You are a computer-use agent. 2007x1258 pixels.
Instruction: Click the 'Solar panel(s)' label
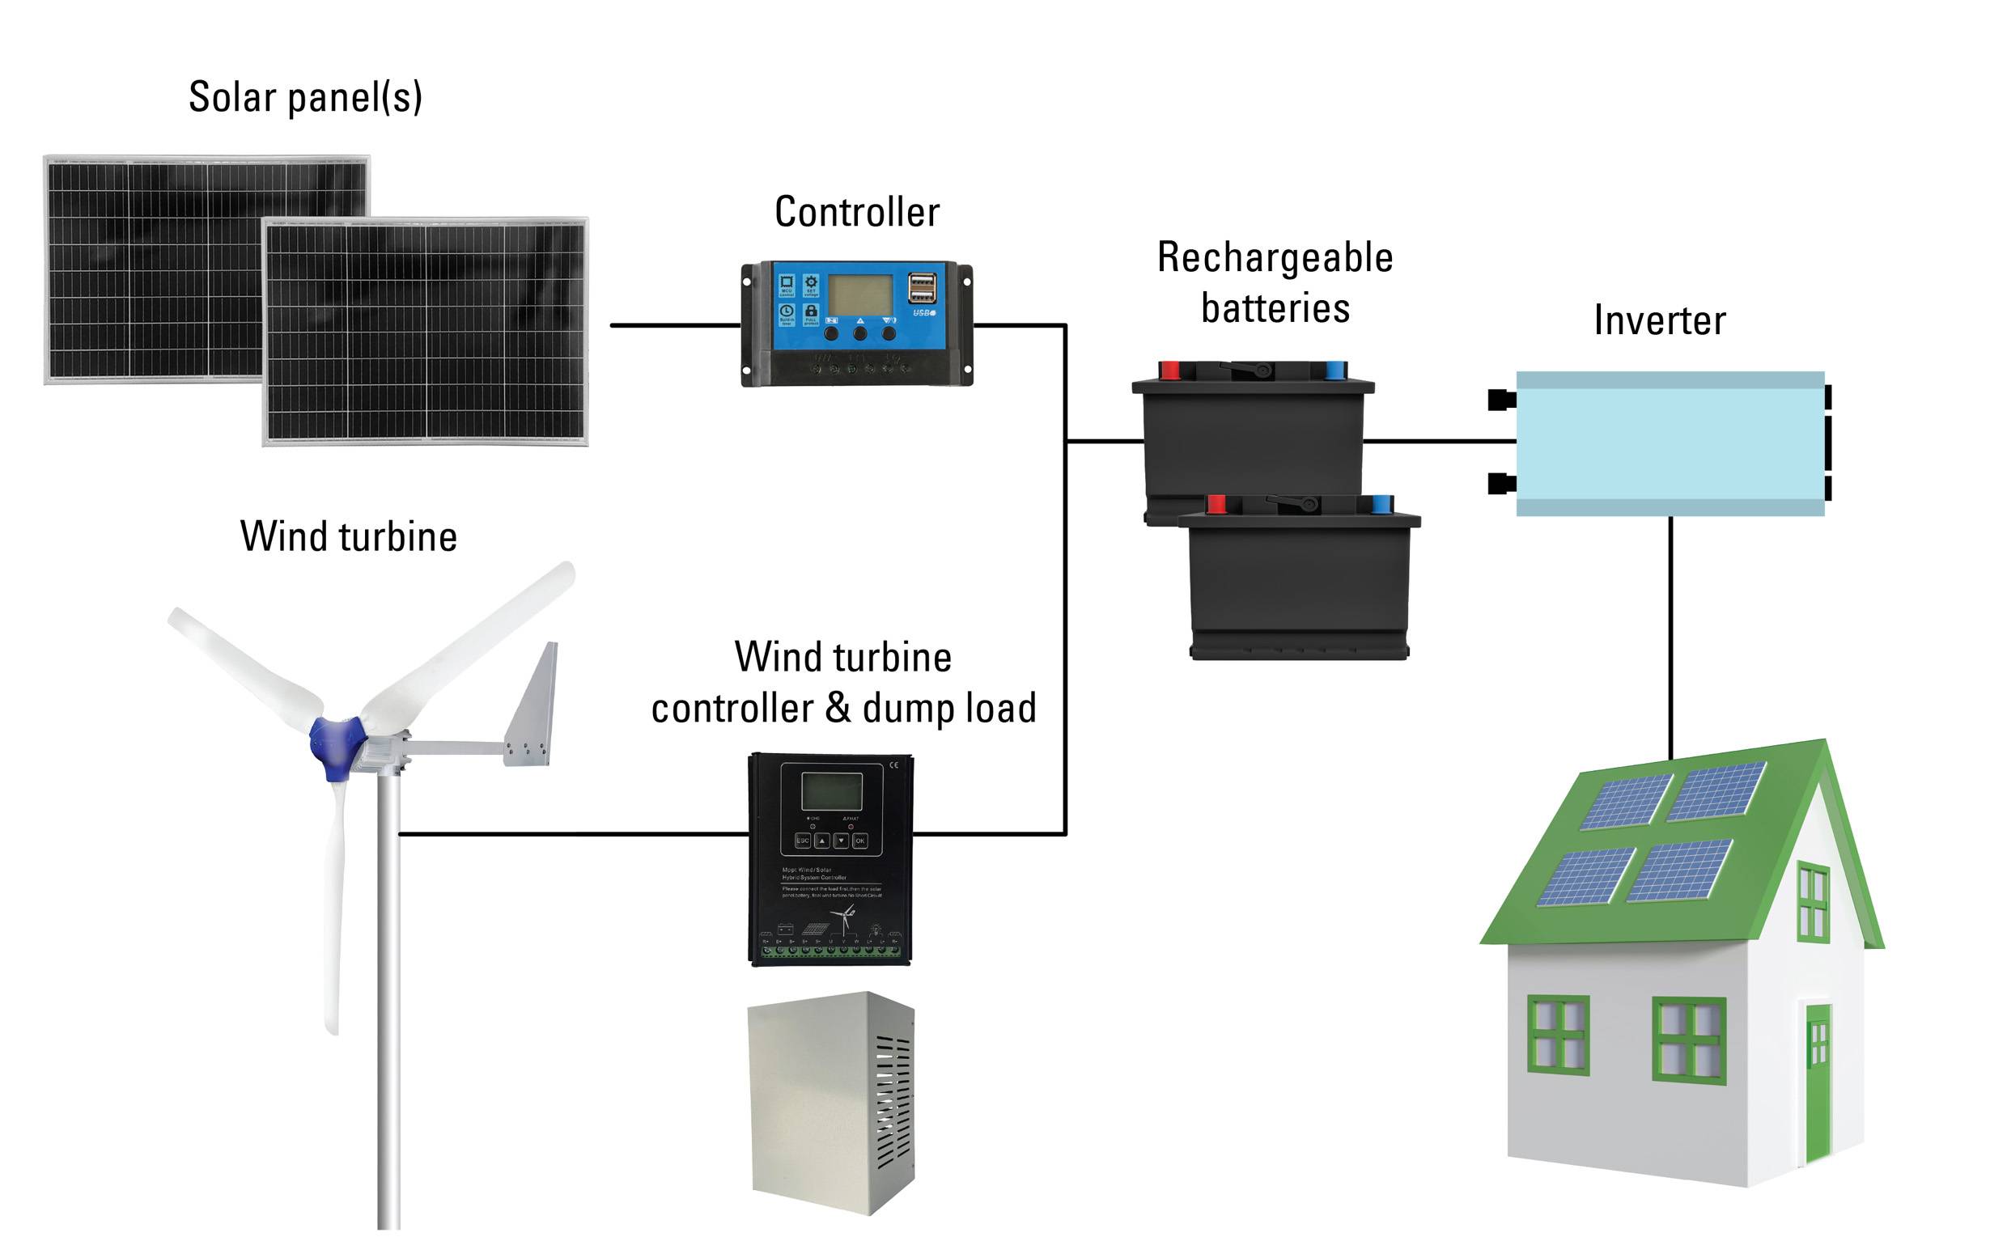pyautogui.click(x=305, y=97)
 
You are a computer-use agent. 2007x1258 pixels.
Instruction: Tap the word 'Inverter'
pyautogui.click(x=1658, y=321)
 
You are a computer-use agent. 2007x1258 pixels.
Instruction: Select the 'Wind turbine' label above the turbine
pyautogui.click(x=348, y=536)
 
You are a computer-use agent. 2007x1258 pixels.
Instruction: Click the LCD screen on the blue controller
pyautogui.click(x=859, y=295)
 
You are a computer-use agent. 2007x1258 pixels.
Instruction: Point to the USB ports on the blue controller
pyautogui.click(x=922, y=288)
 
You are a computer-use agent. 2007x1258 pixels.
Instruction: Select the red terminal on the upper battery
pyautogui.click(x=1170, y=371)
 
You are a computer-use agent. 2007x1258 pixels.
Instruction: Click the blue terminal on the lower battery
pyautogui.click(x=1381, y=504)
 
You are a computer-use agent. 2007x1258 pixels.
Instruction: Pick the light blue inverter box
pyautogui.click(x=1670, y=443)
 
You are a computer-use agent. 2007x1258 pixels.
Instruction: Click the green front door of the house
pyautogui.click(x=1818, y=1082)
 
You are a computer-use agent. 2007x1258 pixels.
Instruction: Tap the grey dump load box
pyautogui.click(x=831, y=1103)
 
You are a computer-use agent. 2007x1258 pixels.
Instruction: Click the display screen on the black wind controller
pyautogui.click(x=830, y=790)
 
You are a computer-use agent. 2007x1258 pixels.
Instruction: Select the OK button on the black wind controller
pyautogui.click(x=860, y=841)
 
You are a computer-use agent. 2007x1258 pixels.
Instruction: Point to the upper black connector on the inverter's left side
pyautogui.click(x=1500, y=400)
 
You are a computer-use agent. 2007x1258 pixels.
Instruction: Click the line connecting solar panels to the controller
pyautogui.click(x=675, y=325)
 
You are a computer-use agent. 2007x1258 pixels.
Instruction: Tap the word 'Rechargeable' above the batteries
pyautogui.click(x=1274, y=258)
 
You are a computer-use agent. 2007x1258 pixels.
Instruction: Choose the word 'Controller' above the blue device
pyautogui.click(x=856, y=212)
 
